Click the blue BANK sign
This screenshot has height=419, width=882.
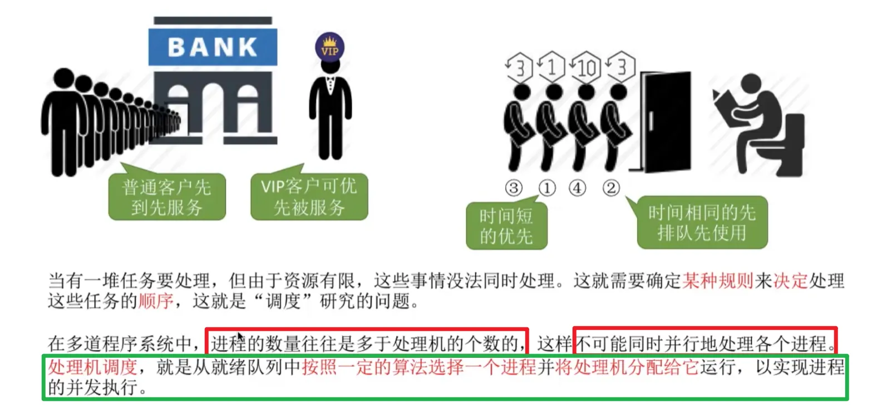213,47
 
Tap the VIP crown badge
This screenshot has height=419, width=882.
330,47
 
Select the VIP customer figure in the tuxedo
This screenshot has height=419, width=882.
331,111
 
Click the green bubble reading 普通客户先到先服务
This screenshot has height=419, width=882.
167,197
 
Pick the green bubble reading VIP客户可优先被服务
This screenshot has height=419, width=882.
309,197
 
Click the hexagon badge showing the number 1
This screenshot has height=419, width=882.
551,67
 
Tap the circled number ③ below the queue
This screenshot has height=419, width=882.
514,188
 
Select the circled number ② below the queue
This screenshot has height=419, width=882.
610,188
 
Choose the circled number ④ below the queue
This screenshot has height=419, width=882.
577,188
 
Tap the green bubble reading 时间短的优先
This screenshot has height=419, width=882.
506,226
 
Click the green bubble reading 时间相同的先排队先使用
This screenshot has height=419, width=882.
702,222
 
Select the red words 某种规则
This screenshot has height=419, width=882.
718,281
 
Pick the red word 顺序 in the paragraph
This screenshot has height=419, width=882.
156,301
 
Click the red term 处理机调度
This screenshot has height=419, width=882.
92,367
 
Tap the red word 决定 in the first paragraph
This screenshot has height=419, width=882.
790,281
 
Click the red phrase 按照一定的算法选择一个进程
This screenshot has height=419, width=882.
419,367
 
